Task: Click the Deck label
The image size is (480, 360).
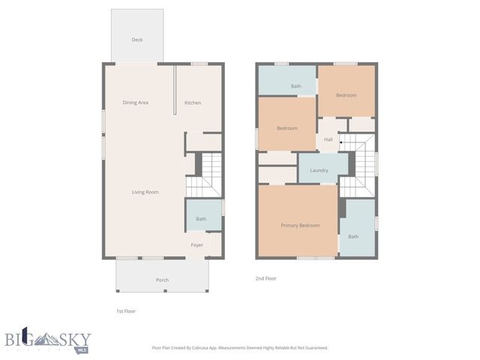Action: [137, 40]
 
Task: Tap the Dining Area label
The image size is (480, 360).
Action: [136, 103]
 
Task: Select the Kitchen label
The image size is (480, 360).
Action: [193, 103]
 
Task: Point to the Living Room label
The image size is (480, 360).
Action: [145, 192]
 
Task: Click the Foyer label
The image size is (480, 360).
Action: [197, 244]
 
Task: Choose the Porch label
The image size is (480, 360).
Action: [162, 280]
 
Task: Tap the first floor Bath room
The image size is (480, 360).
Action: [202, 218]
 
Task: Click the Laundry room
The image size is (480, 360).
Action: [319, 170]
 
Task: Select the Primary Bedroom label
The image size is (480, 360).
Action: [300, 225]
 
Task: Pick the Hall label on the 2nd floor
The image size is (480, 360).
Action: [328, 139]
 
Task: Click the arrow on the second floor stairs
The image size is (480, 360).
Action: [341, 142]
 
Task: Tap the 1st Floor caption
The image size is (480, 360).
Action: [125, 310]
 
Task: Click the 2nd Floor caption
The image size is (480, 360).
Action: [266, 277]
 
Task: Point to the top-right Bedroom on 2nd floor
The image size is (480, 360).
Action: [346, 95]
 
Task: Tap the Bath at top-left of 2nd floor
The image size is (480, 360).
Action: [295, 86]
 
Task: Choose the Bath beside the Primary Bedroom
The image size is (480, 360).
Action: [353, 236]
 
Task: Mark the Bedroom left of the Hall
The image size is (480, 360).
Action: [287, 128]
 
